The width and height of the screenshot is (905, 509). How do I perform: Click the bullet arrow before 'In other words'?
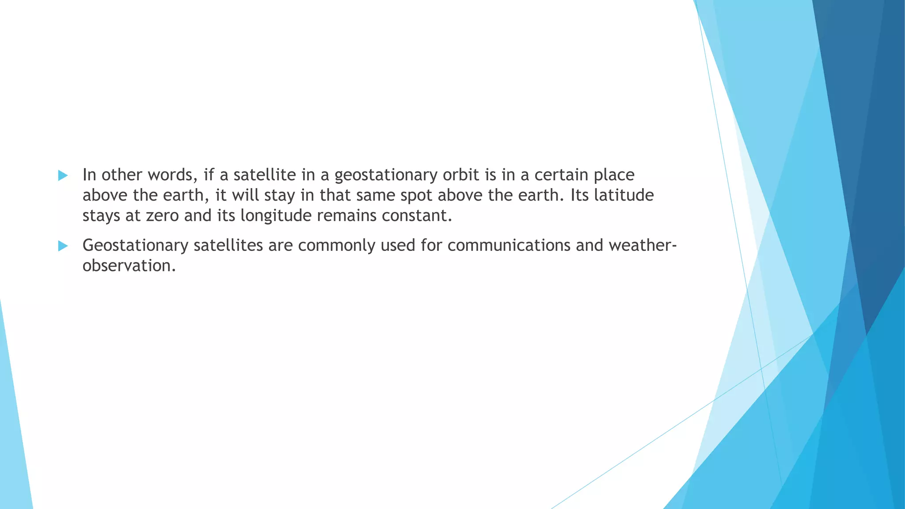pyautogui.click(x=63, y=175)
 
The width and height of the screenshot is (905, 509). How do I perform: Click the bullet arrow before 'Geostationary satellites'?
pyautogui.click(x=63, y=246)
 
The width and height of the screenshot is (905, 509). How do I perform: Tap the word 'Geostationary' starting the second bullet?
pyautogui.click(x=135, y=245)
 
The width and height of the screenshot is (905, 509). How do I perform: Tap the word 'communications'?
pyautogui.click(x=509, y=245)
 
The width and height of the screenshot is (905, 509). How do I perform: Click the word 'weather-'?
pyautogui.click(x=643, y=245)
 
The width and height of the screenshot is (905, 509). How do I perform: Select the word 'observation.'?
pyautogui.click(x=129, y=266)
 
